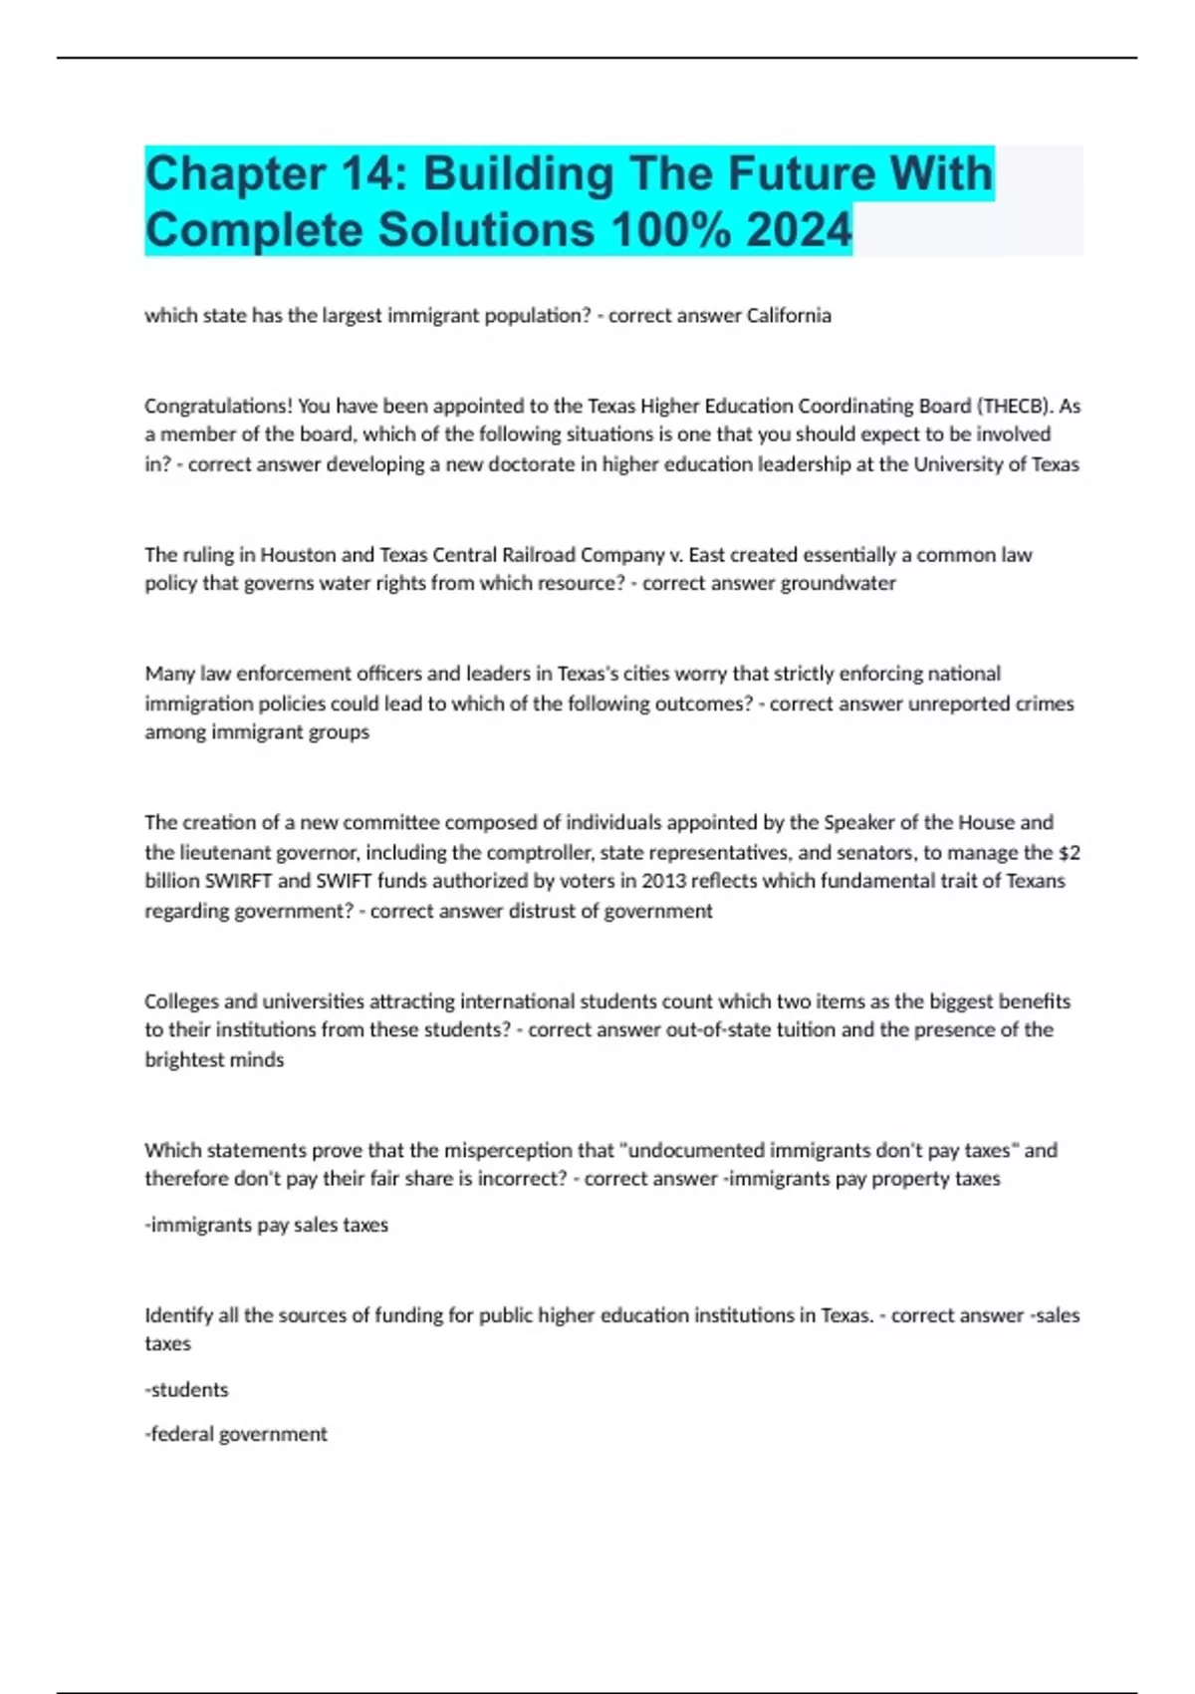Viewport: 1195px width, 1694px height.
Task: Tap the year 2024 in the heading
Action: pyautogui.click(x=799, y=230)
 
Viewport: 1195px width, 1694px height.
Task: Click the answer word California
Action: pyautogui.click(x=789, y=316)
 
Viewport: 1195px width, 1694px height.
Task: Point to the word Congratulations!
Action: pyautogui.click(x=218, y=407)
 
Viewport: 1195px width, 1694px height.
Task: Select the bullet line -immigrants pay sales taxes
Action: pyautogui.click(x=266, y=1226)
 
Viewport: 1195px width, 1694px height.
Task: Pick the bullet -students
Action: pyautogui.click(x=186, y=1390)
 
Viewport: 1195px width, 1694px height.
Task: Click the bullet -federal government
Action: pyautogui.click(x=236, y=1435)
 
